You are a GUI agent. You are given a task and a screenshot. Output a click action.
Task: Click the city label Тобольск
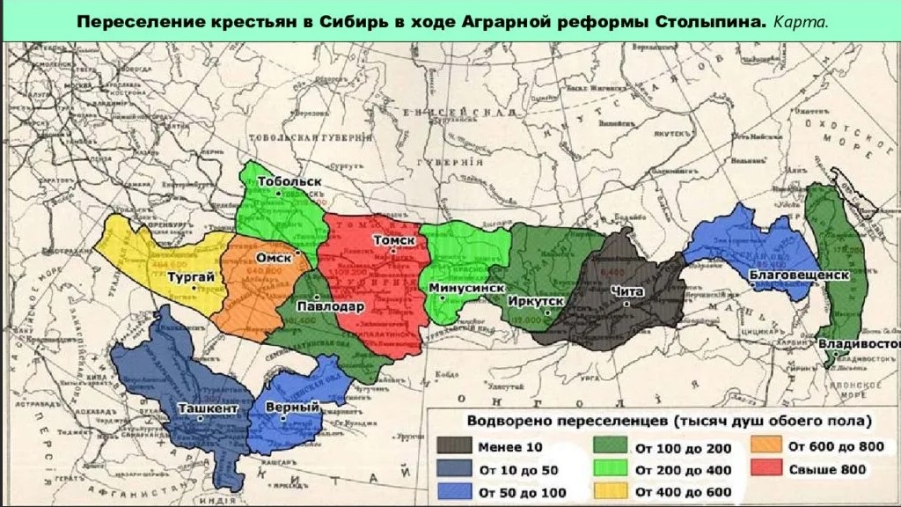pos(289,181)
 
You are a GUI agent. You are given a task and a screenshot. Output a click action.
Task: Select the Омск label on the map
pos(273,259)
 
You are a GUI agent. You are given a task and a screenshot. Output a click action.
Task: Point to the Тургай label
pos(191,278)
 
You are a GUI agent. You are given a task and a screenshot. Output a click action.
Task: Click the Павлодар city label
pos(330,306)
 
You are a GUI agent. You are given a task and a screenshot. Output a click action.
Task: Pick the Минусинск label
pos(466,289)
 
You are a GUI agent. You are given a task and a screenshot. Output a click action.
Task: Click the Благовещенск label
pos(799,275)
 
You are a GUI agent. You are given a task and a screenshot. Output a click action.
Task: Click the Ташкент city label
pos(208,408)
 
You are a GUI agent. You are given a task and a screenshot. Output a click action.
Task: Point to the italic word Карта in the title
pos(801,19)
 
